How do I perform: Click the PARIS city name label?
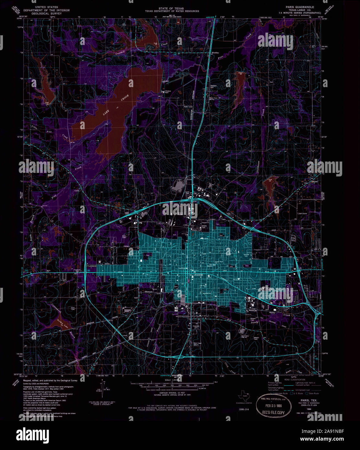coord(199,275)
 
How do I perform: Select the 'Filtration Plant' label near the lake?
coord(168,92)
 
